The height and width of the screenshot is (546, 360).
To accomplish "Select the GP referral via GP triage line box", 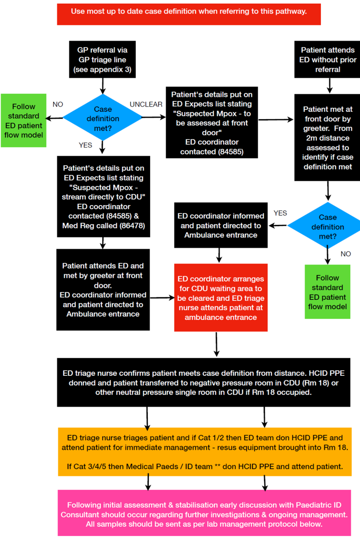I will click(x=102, y=59).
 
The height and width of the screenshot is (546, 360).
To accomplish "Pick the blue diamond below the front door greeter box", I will click(x=327, y=226).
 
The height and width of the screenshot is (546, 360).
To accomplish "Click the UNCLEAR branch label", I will click(x=146, y=104).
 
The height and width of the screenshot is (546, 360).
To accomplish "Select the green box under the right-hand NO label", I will click(x=327, y=292).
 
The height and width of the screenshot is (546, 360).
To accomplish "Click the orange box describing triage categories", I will click(x=204, y=452).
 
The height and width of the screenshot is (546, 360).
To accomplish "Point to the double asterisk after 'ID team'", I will click(x=217, y=466).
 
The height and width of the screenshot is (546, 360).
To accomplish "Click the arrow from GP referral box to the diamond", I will click(x=102, y=85).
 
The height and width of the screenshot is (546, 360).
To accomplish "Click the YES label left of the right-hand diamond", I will click(x=280, y=213).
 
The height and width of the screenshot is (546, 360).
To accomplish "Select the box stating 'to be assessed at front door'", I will click(x=212, y=122).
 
